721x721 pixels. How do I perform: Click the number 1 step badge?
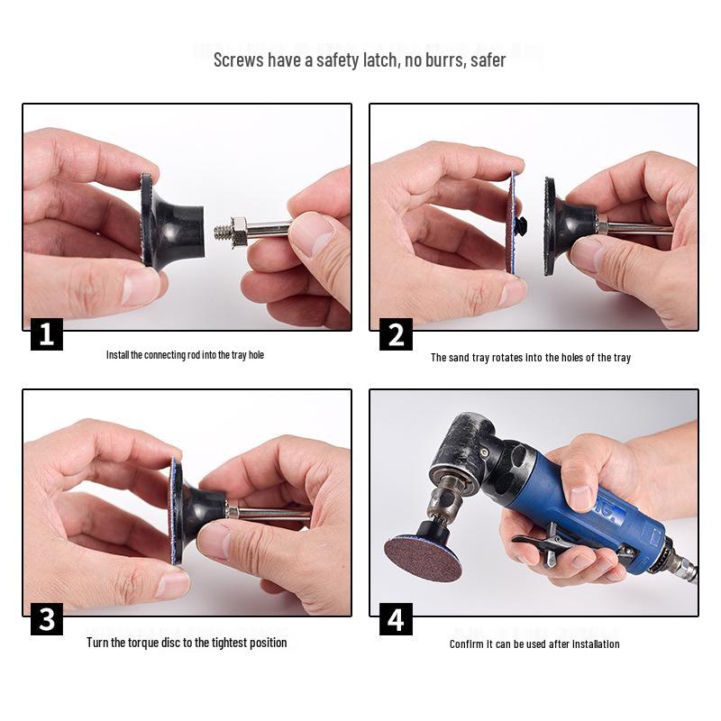[x=47, y=334]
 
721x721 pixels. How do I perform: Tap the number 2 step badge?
[x=396, y=334]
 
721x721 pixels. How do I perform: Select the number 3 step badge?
[x=47, y=619]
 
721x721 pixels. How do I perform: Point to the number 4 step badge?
[x=396, y=619]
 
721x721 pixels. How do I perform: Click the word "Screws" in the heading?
[x=239, y=60]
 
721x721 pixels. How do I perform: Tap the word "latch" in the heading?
[x=381, y=60]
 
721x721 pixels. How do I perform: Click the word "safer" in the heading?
[x=488, y=60]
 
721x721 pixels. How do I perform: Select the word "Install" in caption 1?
[x=118, y=355]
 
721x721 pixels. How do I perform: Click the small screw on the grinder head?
[x=484, y=453]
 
